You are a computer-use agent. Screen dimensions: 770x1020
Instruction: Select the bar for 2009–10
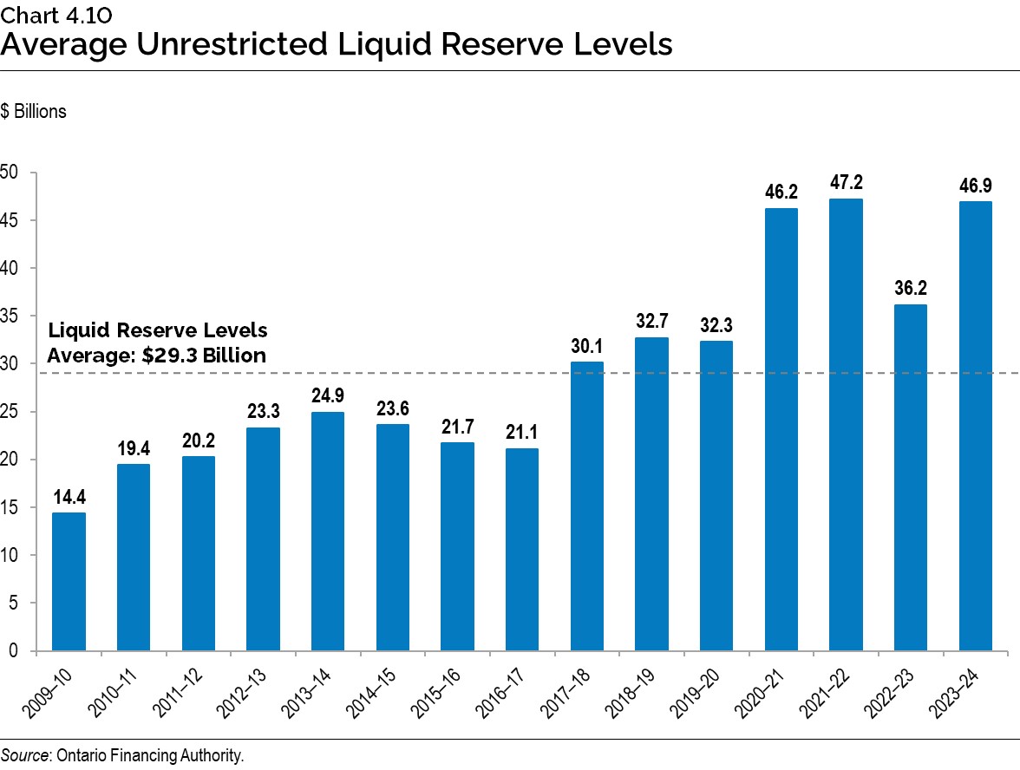[x=69, y=581]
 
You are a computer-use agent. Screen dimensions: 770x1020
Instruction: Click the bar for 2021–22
[x=846, y=425]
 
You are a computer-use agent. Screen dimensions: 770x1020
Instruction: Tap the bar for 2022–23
[x=911, y=477]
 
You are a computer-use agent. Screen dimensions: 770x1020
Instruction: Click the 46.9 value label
[x=975, y=185]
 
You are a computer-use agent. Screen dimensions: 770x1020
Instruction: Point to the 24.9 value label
[x=328, y=396]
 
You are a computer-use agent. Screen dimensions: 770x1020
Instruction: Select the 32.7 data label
[x=651, y=322]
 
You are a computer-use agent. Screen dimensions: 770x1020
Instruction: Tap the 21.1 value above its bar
[x=522, y=433]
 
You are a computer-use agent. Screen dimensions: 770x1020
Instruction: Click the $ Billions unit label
[x=34, y=112]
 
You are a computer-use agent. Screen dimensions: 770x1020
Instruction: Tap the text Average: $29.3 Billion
[x=156, y=355]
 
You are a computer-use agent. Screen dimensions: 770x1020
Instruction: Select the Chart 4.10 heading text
[x=56, y=14]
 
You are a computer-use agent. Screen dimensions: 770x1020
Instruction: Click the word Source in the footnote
[x=23, y=756]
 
